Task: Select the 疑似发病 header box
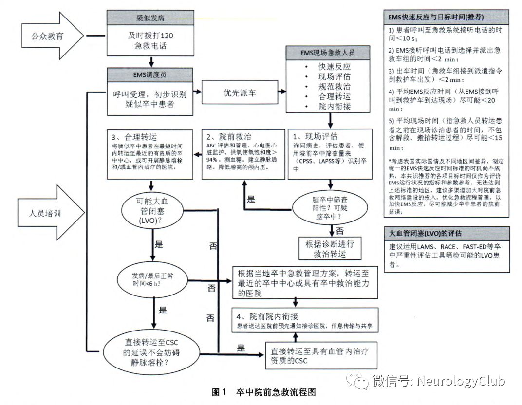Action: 150,19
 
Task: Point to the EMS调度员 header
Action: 150,75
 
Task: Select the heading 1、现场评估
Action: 317,136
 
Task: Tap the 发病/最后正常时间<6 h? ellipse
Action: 153,281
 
